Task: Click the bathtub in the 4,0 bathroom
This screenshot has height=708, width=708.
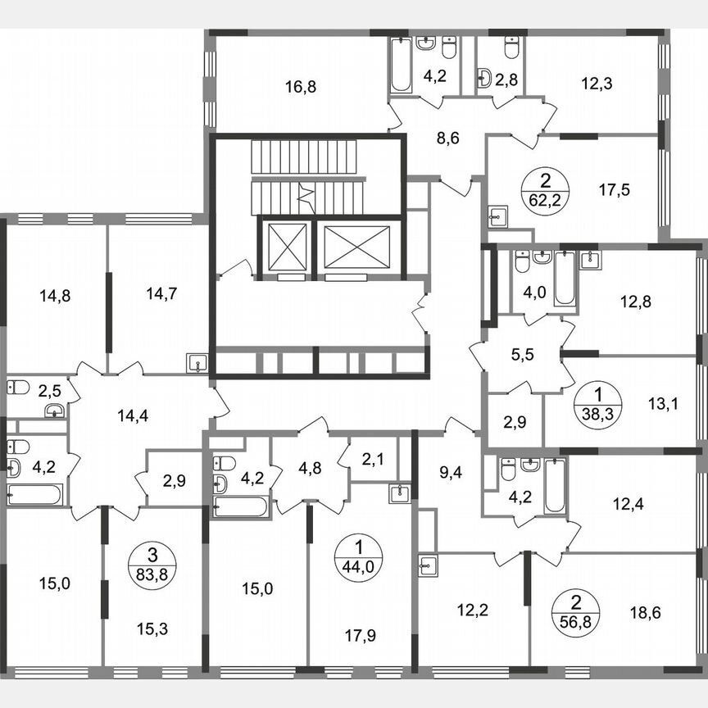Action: point(565,279)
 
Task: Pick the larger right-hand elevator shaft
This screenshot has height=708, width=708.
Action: point(354,247)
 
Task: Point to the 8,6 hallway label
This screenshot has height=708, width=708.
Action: point(447,138)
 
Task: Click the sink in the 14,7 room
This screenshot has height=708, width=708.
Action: point(197,364)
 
